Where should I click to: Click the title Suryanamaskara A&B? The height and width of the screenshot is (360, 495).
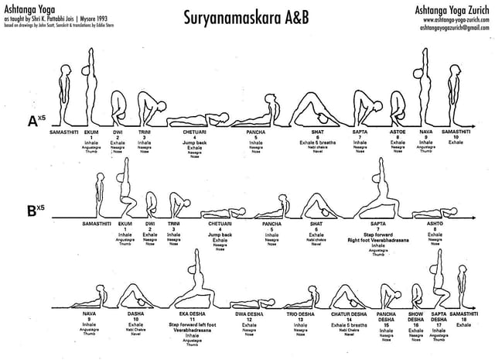[x=245, y=16]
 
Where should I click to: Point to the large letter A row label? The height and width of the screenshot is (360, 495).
[x=29, y=121]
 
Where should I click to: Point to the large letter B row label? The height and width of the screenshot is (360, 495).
[x=29, y=209]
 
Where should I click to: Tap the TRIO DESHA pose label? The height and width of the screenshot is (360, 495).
[x=300, y=314]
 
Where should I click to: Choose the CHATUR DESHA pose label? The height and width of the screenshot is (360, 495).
[x=349, y=314]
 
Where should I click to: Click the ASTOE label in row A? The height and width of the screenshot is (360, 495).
[x=398, y=132]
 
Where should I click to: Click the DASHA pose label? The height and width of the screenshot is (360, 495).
[x=136, y=314]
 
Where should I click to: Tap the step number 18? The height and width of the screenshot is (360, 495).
[x=463, y=319]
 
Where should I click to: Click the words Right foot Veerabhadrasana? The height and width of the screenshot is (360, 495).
[x=378, y=239]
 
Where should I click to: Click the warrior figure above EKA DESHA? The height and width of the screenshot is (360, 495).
[x=185, y=279]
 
